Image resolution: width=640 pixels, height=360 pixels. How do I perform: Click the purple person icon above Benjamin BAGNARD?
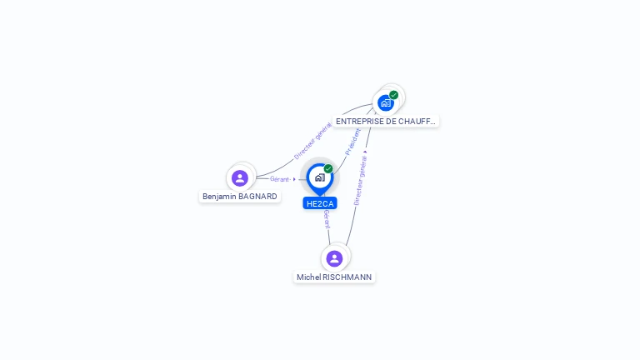pyautogui.click(x=240, y=177)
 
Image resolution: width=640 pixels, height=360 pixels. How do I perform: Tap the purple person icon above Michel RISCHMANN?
pyautogui.click(x=334, y=258)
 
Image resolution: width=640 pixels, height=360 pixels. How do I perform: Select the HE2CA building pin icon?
pyautogui.click(x=319, y=177)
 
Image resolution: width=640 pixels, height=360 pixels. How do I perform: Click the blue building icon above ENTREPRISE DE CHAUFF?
pyautogui.click(x=385, y=102)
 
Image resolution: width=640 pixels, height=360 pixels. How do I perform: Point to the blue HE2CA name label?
pyautogui.click(x=320, y=203)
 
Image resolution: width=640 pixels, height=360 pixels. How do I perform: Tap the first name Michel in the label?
pyautogui.click(x=308, y=277)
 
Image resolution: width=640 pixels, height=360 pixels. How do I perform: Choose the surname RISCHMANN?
pyautogui.click(x=347, y=277)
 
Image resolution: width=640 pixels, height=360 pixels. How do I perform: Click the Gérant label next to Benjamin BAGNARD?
pyautogui.click(x=279, y=179)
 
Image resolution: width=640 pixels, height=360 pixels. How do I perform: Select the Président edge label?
pyautogui.click(x=353, y=140)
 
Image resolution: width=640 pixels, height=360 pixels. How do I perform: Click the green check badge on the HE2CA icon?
pyautogui.click(x=328, y=168)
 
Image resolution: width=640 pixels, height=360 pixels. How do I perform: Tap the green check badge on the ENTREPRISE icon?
pyautogui.click(x=393, y=94)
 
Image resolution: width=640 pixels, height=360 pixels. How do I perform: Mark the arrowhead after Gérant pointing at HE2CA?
pyautogui.click(x=294, y=179)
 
